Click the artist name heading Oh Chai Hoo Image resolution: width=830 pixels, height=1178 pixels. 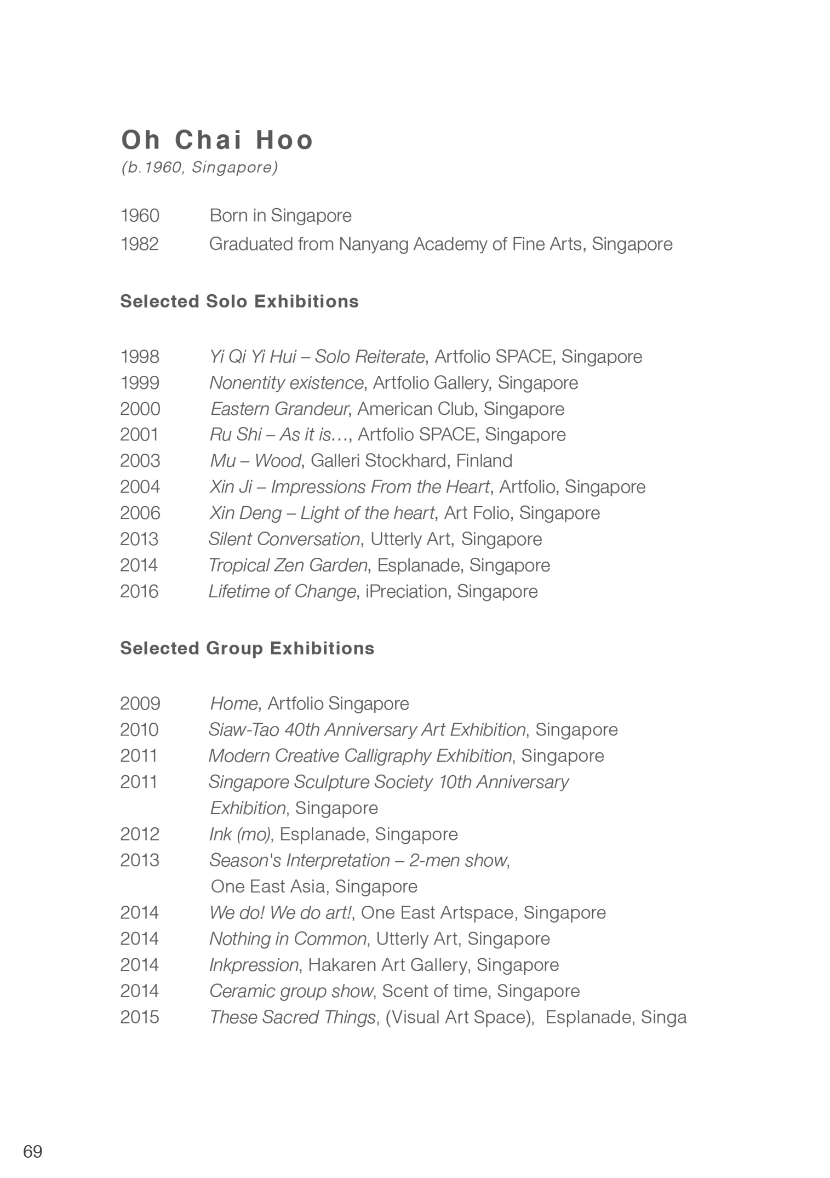[x=217, y=140]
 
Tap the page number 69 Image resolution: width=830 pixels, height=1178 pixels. [x=33, y=1151]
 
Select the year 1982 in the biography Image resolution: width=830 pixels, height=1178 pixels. [x=140, y=244]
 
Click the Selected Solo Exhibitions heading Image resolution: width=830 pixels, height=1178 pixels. [x=239, y=301]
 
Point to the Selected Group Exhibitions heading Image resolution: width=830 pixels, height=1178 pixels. [x=247, y=648]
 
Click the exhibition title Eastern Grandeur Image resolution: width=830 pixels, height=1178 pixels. [x=279, y=409]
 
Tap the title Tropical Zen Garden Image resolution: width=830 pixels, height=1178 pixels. [x=288, y=565]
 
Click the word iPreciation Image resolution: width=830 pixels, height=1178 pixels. [x=406, y=591]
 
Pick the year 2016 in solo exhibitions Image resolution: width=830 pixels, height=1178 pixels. [x=139, y=591]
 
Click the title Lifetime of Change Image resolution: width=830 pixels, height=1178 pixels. [x=282, y=591]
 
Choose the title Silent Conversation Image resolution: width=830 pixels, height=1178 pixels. [x=284, y=539]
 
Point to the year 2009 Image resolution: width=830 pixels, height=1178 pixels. [x=140, y=704]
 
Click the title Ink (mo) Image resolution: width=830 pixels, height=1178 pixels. [x=239, y=834]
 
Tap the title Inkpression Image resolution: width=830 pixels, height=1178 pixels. [x=254, y=964]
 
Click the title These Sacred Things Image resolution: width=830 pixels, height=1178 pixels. [x=293, y=1017]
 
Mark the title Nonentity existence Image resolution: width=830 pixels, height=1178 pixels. [x=286, y=382]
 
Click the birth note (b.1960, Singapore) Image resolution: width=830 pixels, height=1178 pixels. [x=199, y=167]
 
